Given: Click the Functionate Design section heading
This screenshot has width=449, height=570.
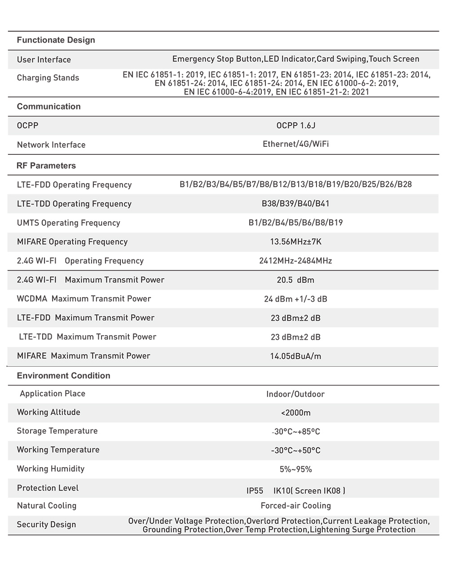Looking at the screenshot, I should point(56,40).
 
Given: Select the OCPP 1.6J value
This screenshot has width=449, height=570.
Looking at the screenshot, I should point(295,126).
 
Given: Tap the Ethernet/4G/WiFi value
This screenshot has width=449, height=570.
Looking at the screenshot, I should point(295,144).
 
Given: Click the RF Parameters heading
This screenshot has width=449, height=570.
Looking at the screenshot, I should point(46,166).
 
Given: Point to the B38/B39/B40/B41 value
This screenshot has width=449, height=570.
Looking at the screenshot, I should point(295,204).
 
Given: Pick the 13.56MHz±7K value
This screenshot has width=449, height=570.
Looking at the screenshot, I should point(295,242).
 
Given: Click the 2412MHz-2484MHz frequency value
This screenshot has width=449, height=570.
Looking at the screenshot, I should point(295,261).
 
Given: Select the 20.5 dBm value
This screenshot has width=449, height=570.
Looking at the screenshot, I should point(295,280).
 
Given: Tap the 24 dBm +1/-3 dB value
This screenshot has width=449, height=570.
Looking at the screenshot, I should point(295,299).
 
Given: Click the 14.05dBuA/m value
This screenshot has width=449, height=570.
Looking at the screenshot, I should point(295,356).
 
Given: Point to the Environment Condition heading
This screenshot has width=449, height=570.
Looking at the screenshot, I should point(63,376).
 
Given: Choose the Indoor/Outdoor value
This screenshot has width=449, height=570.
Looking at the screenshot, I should point(295,394).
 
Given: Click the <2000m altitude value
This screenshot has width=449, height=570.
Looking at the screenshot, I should point(295,413).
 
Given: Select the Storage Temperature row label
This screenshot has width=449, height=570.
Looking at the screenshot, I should point(57,431).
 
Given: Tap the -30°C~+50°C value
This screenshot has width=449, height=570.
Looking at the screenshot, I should point(295,451).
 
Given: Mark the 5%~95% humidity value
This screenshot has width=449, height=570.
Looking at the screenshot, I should point(295,469).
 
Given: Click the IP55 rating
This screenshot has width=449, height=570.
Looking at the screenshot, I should point(255,491).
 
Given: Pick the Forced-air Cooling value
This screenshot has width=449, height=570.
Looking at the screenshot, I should point(295,506).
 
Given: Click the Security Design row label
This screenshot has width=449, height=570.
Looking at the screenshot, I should point(46,525).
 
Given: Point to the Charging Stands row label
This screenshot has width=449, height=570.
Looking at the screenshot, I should point(48,78).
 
